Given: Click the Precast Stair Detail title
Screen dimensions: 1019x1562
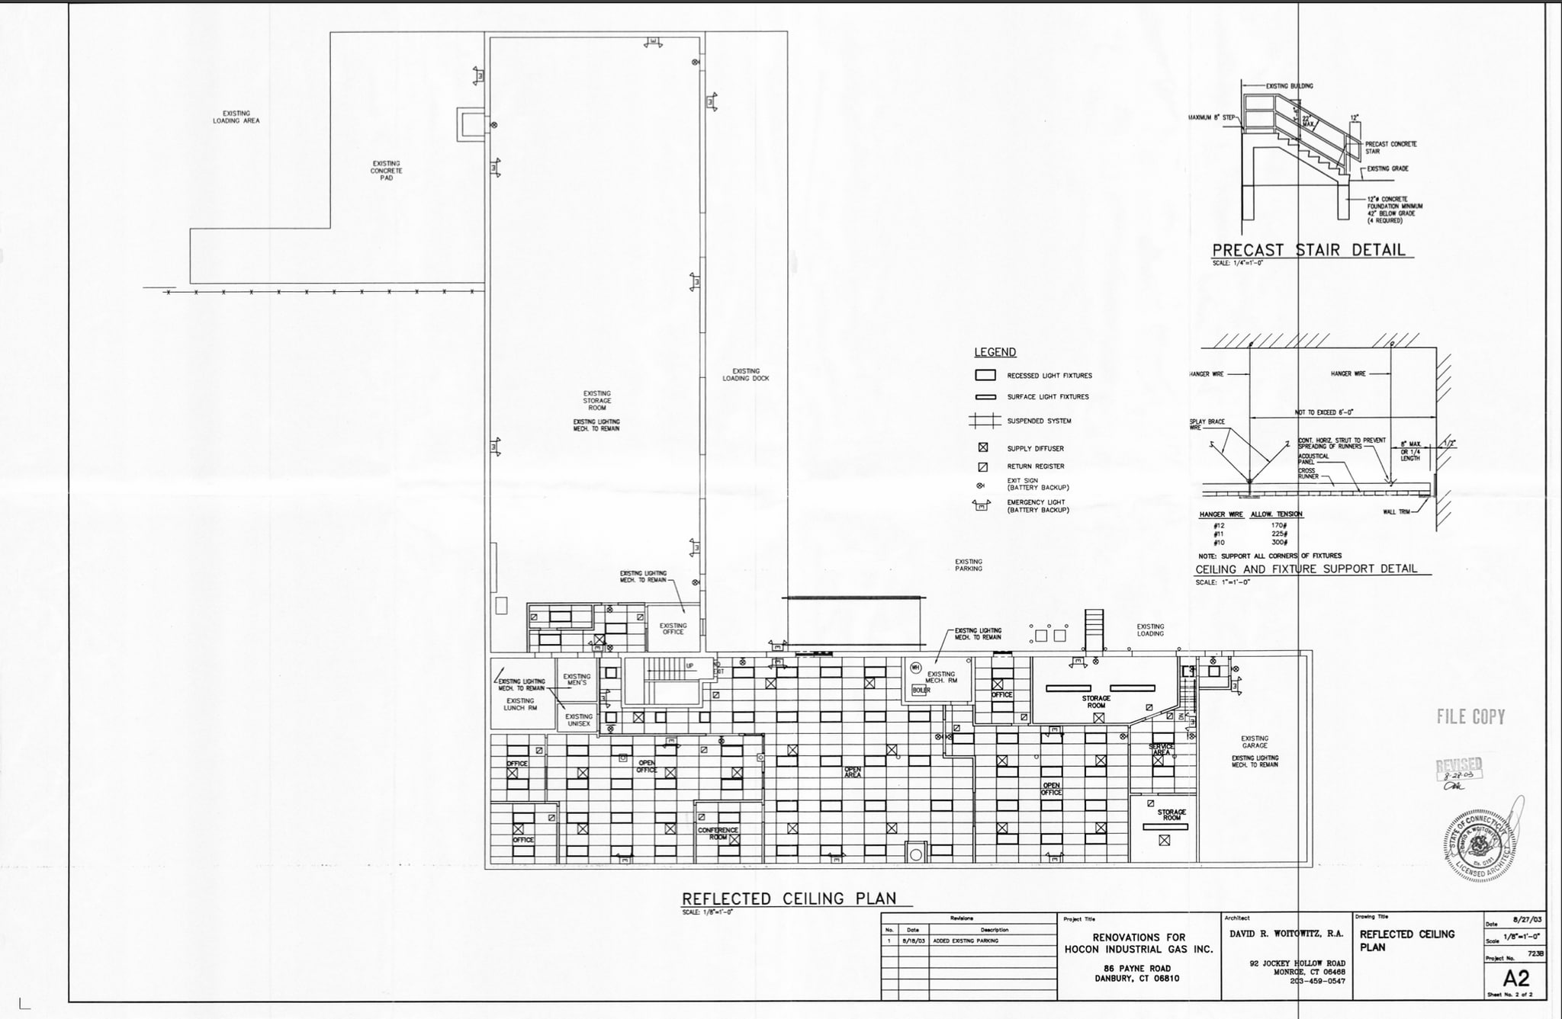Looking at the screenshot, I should [x=1308, y=250].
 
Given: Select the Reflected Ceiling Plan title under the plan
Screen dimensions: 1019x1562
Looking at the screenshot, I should [x=789, y=899].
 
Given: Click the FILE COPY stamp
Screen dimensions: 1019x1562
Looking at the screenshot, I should [x=1470, y=716].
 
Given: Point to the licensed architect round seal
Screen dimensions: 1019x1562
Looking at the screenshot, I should [x=1478, y=845].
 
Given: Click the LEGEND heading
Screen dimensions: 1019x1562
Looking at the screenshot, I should [x=995, y=352].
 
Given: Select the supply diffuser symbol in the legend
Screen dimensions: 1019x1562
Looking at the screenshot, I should [x=983, y=447].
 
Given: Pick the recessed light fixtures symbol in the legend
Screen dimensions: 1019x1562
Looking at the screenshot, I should [x=985, y=375].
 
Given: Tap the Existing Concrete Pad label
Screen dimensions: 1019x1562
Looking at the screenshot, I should [x=386, y=170].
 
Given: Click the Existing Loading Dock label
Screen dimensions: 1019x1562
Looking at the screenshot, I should [x=745, y=374].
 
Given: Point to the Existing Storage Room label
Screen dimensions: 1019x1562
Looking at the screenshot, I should [x=596, y=400].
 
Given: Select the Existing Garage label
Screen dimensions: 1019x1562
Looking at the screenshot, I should [x=1254, y=742].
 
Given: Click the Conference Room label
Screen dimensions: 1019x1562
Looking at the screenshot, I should [x=717, y=833].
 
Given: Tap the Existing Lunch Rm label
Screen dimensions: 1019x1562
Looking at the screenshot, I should [x=519, y=703].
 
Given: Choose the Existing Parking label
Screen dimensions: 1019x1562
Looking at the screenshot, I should [x=968, y=565].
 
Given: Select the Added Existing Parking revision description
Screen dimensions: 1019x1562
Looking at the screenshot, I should [x=965, y=940].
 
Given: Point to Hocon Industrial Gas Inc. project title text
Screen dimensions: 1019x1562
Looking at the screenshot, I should [x=1138, y=949].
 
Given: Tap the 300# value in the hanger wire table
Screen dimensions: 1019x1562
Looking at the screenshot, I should [x=1279, y=542].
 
